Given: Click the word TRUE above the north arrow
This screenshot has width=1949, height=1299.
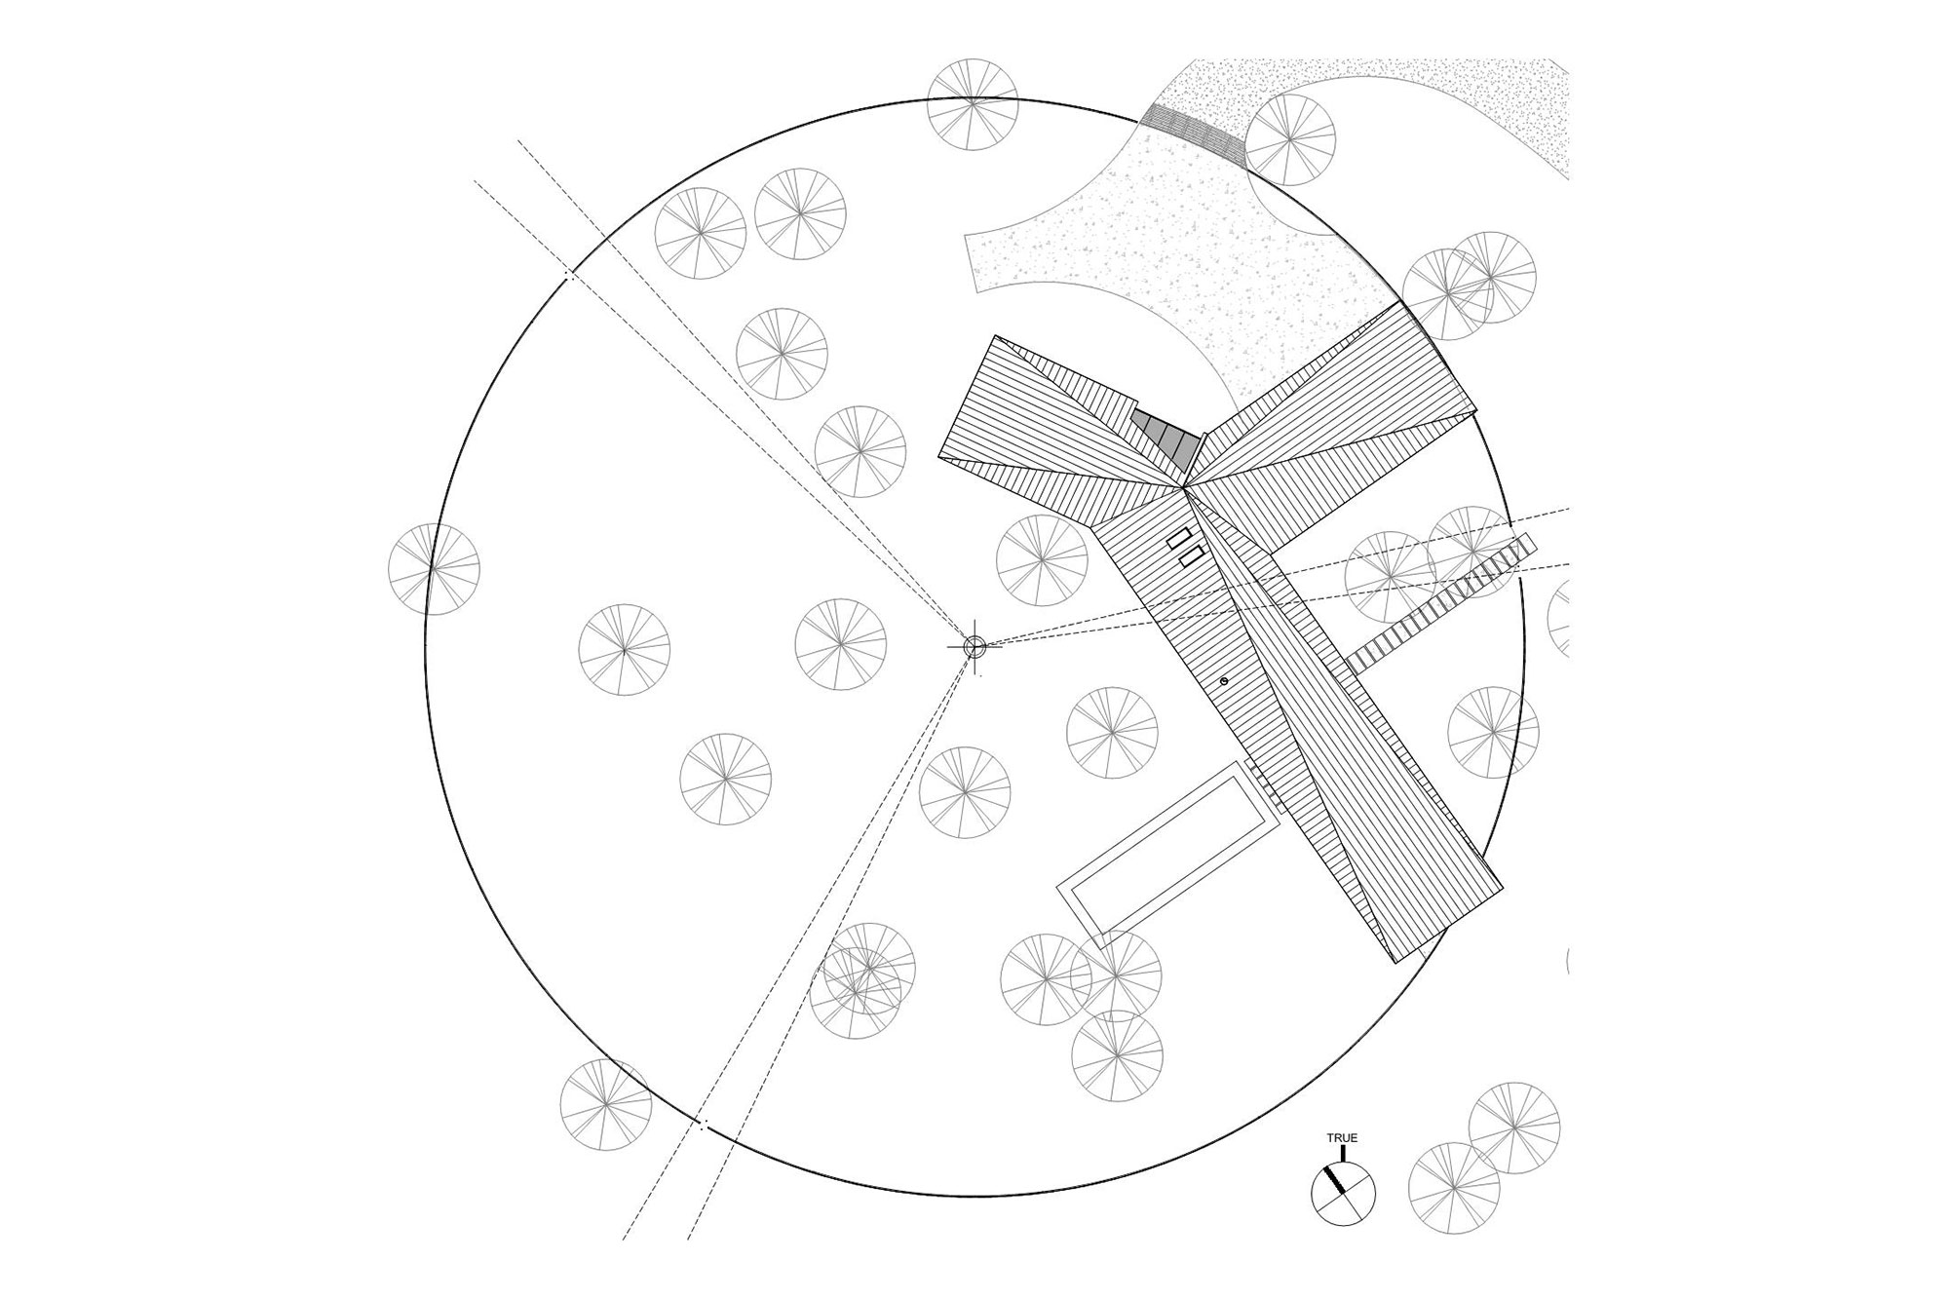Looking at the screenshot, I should (1342, 1137).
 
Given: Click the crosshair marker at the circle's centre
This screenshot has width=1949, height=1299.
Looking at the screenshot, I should (974, 645).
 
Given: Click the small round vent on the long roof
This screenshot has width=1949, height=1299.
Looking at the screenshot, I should (1224, 680).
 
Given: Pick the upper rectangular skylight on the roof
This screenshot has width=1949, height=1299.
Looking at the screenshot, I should (1180, 537).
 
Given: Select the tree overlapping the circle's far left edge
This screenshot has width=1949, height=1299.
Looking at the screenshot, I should (434, 568).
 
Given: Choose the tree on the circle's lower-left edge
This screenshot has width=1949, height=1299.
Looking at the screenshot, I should (606, 1105).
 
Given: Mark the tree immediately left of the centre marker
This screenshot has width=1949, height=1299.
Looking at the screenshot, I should (840, 644).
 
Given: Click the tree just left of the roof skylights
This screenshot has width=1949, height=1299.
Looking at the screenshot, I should (1042, 560).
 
